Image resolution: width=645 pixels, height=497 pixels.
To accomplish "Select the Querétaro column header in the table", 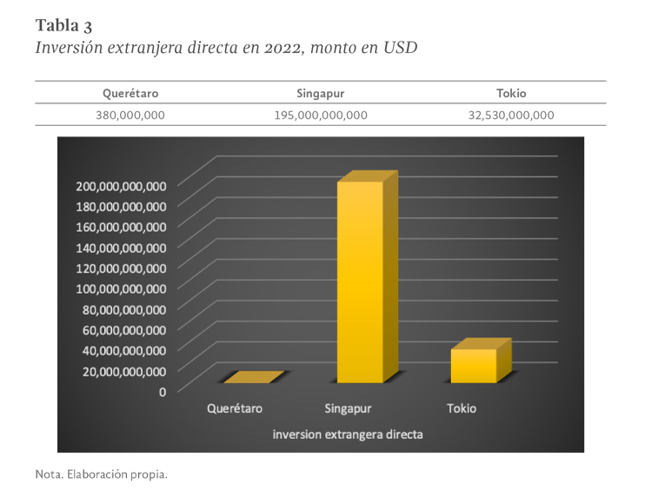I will [130, 93].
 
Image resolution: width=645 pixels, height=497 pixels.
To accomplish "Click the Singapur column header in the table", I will [321, 93].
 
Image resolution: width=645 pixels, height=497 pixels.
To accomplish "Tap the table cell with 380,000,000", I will [130, 114].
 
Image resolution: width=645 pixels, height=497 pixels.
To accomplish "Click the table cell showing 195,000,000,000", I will [321, 114].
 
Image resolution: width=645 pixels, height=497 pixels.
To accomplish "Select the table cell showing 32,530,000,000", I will [510, 114].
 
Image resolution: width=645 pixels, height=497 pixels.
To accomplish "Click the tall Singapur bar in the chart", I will [360, 278].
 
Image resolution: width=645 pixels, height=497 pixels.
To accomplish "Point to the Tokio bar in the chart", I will [474, 365].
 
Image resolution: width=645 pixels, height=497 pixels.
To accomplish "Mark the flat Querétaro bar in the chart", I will [252, 378].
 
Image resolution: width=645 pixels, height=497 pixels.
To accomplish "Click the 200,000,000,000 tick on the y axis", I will [121, 186].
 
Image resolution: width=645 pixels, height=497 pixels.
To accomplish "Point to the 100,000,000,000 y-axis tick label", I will [121, 288].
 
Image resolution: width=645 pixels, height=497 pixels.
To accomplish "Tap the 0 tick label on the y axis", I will [162, 391].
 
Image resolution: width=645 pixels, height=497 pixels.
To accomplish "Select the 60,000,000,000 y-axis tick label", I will [121, 329].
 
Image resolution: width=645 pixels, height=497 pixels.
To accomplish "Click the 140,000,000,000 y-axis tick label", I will [121, 248].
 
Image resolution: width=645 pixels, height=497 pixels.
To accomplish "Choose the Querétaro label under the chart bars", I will [235, 408].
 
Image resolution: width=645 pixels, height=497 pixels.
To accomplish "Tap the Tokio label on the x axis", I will [462, 408].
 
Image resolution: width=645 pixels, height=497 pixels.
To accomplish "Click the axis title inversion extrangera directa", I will [348, 434].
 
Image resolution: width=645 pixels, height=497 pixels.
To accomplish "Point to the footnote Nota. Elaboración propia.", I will [101, 475].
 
